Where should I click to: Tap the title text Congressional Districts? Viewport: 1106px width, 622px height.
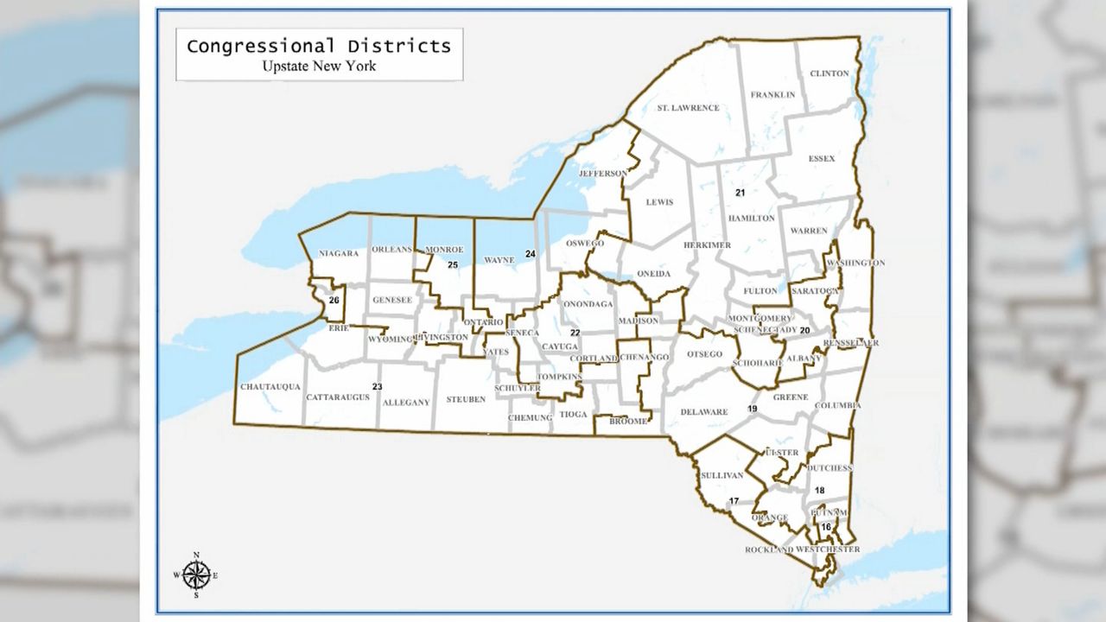(319, 46)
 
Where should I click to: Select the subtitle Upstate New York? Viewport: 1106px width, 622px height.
(319, 66)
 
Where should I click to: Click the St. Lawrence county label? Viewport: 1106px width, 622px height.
(688, 108)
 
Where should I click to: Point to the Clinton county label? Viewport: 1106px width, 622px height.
(829, 74)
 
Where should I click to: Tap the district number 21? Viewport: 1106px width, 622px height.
(740, 192)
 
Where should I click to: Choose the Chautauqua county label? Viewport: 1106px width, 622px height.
(270, 387)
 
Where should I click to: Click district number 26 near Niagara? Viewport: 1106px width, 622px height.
(334, 300)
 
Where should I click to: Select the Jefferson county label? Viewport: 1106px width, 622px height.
(603, 174)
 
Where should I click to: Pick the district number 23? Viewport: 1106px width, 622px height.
(377, 386)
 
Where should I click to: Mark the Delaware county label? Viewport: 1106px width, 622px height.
(704, 412)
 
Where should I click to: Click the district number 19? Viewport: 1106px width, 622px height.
(753, 409)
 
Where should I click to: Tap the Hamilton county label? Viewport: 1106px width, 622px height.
(751, 219)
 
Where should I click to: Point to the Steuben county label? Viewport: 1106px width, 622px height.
(466, 400)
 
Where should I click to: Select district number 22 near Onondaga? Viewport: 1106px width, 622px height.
(575, 333)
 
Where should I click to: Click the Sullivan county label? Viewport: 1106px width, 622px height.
(723, 476)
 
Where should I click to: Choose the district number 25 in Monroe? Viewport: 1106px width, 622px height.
(452, 264)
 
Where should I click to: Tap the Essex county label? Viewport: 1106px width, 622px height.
(822, 159)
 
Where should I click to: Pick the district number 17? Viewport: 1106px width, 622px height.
(734, 501)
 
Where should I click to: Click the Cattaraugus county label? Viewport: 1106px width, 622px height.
(338, 397)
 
